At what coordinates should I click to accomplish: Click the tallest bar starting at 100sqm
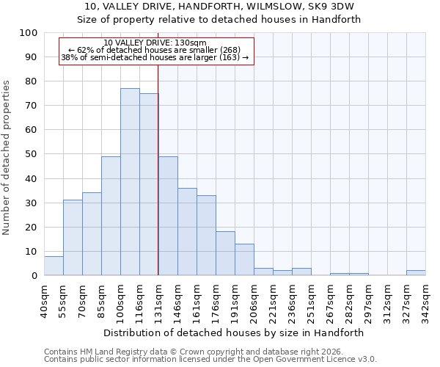pyautogui.click(x=130, y=182)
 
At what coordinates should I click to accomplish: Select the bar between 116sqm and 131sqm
pyautogui.click(x=149, y=184)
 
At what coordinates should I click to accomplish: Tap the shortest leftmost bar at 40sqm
pyautogui.click(x=54, y=266)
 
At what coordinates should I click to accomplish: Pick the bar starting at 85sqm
pyautogui.click(x=111, y=216)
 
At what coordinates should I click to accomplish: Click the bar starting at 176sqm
pyautogui.click(x=225, y=253)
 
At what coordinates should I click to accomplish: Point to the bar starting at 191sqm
pyautogui.click(x=244, y=260)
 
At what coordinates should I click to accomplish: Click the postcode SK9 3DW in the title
pyautogui.click(x=335, y=6)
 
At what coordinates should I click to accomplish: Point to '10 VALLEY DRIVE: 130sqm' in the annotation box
pyautogui.click(x=155, y=43)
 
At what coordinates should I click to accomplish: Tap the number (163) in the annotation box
pyautogui.click(x=230, y=57)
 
